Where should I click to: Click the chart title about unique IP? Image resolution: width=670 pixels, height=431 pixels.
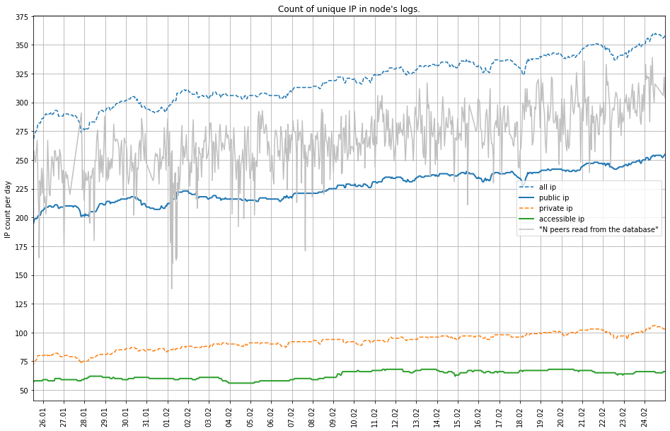click(349, 9)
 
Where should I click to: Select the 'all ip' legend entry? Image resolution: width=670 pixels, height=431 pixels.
click(548, 188)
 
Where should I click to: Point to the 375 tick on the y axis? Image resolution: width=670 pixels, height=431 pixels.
click(21, 17)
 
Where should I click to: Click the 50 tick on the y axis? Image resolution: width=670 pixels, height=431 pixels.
click(23, 391)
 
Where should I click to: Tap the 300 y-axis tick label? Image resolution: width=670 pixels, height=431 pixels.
click(21, 103)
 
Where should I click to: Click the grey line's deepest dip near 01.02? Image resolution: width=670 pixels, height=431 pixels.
click(171, 288)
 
